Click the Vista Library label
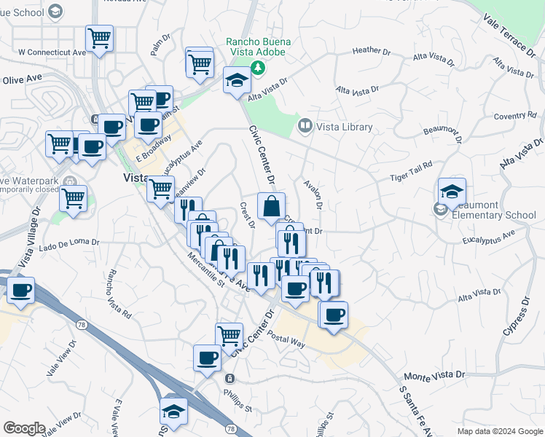coord(344,127)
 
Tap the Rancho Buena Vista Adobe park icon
coord(257,68)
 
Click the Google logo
coord(24,428)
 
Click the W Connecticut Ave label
coord(52,52)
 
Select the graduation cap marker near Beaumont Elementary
coord(452,192)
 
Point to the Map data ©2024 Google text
coord(499,431)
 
